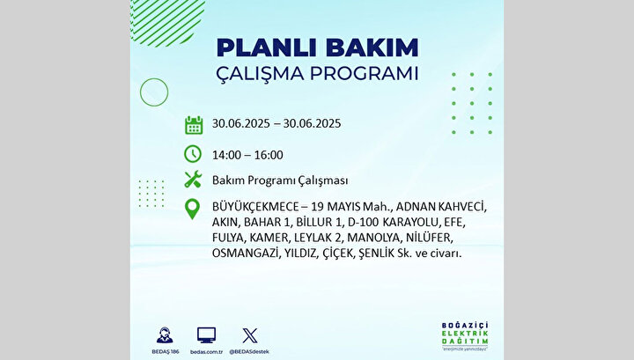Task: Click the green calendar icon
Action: click(194, 125)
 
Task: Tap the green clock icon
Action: click(193, 154)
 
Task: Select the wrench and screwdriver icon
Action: click(193, 179)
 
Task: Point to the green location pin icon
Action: click(192, 209)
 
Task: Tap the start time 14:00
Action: click(226, 155)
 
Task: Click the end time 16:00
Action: click(269, 155)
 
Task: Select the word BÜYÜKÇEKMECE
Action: click(255, 207)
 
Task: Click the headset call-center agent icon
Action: click(165, 335)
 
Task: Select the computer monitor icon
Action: click(207, 335)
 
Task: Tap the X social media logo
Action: click(249, 335)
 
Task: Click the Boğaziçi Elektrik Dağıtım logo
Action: click(465, 336)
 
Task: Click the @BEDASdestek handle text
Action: click(249, 352)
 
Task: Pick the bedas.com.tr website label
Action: click(206, 352)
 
